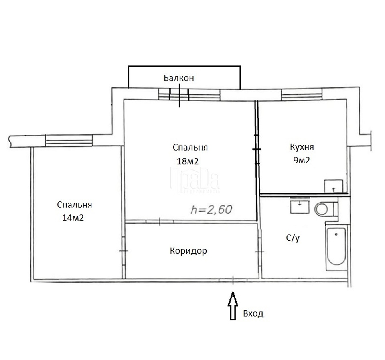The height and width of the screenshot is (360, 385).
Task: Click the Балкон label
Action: tap(179, 78)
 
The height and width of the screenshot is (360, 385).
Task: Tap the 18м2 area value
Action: tap(188, 161)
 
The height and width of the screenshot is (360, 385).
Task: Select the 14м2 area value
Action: tap(73, 218)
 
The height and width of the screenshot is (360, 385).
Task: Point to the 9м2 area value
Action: tap(302, 161)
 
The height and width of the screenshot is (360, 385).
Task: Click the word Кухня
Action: tap(302, 147)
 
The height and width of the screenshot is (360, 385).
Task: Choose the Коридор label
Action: tap(188, 251)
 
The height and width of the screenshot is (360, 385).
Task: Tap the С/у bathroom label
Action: tap(293, 238)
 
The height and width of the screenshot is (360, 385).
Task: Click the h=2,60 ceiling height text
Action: tap(211, 209)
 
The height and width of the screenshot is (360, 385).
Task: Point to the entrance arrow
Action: tap(233, 306)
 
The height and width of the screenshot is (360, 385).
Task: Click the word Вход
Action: tap(253, 313)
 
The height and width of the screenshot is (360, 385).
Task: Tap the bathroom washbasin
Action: tap(300, 206)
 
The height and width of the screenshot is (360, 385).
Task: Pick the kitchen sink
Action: tap(333, 186)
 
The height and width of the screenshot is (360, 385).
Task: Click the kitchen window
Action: tap(302, 94)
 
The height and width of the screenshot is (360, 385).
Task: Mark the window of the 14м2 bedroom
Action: tap(69, 141)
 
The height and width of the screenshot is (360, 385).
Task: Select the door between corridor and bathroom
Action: tap(259, 252)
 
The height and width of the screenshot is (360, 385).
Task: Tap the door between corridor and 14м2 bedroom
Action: tap(123, 251)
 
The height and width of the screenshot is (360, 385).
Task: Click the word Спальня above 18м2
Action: tap(190, 147)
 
